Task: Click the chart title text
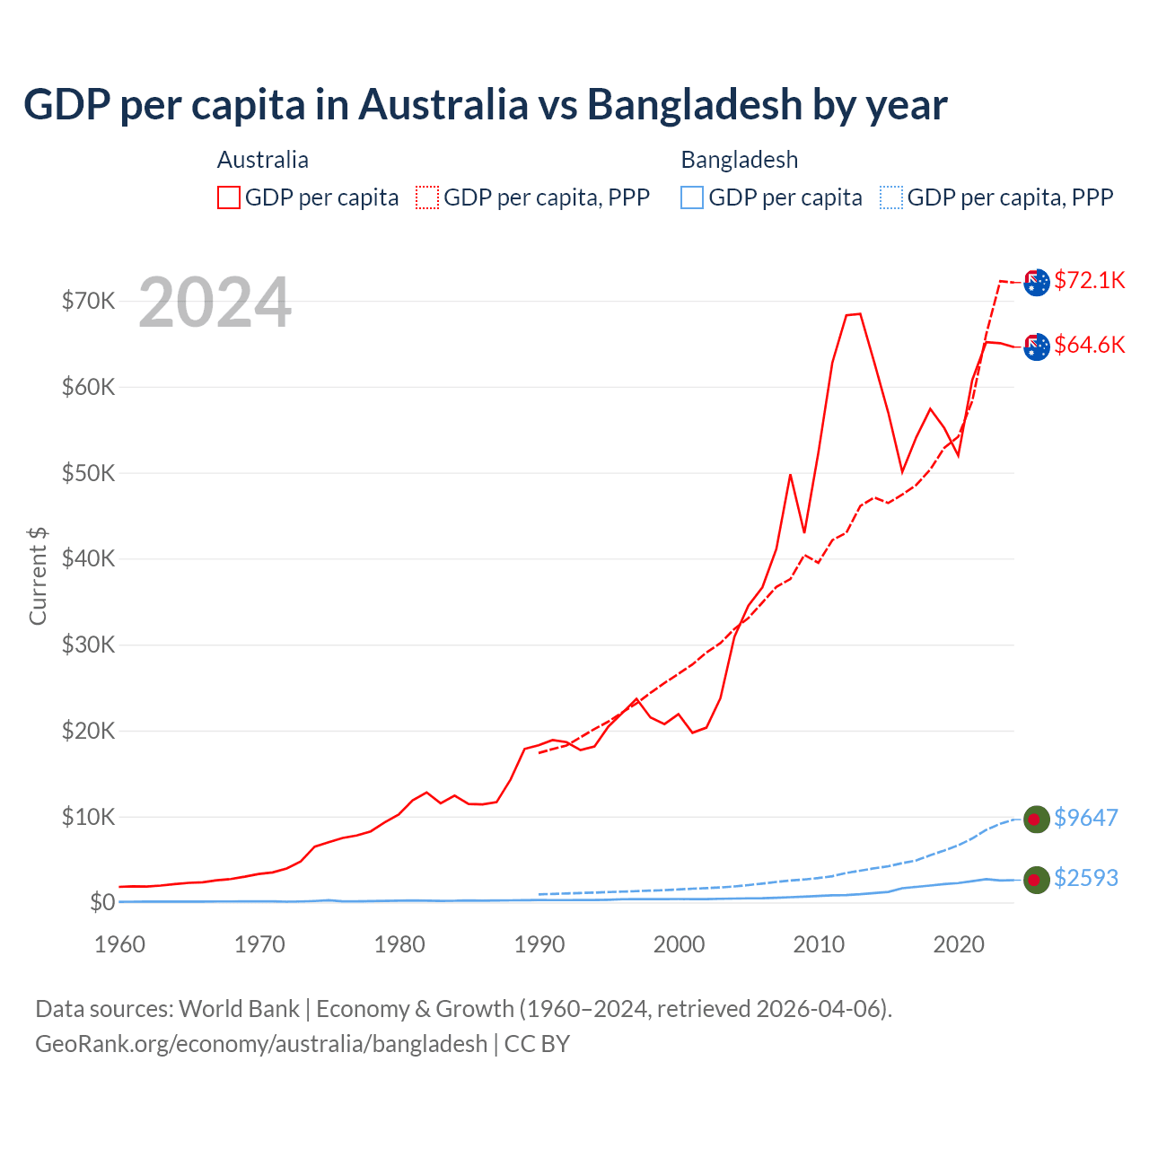pos(485,104)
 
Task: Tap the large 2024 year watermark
pos(215,303)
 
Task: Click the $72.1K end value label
pos(1089,280)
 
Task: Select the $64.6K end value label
pos(1089,345)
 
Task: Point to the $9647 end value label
pos(1086,818)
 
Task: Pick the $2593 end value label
pos(1086,878)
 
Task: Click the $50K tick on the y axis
pos(88,473)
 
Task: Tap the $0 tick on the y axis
pos(102,902)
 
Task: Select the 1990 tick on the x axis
pos(539,944)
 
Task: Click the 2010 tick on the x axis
pos(819,944)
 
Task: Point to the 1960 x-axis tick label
pos(120,944)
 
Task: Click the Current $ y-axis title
pos(38,575)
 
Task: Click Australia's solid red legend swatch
pos(229,197)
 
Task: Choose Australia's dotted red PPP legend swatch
pos(427,197)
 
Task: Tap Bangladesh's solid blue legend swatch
pos(692,197)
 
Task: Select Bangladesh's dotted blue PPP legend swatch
pos(891,197)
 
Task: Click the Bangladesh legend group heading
pos(740,160)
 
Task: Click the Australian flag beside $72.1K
pos(1037,282)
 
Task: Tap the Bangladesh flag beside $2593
pos(1037,880)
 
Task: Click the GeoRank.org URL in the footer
pos(261,1044)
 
